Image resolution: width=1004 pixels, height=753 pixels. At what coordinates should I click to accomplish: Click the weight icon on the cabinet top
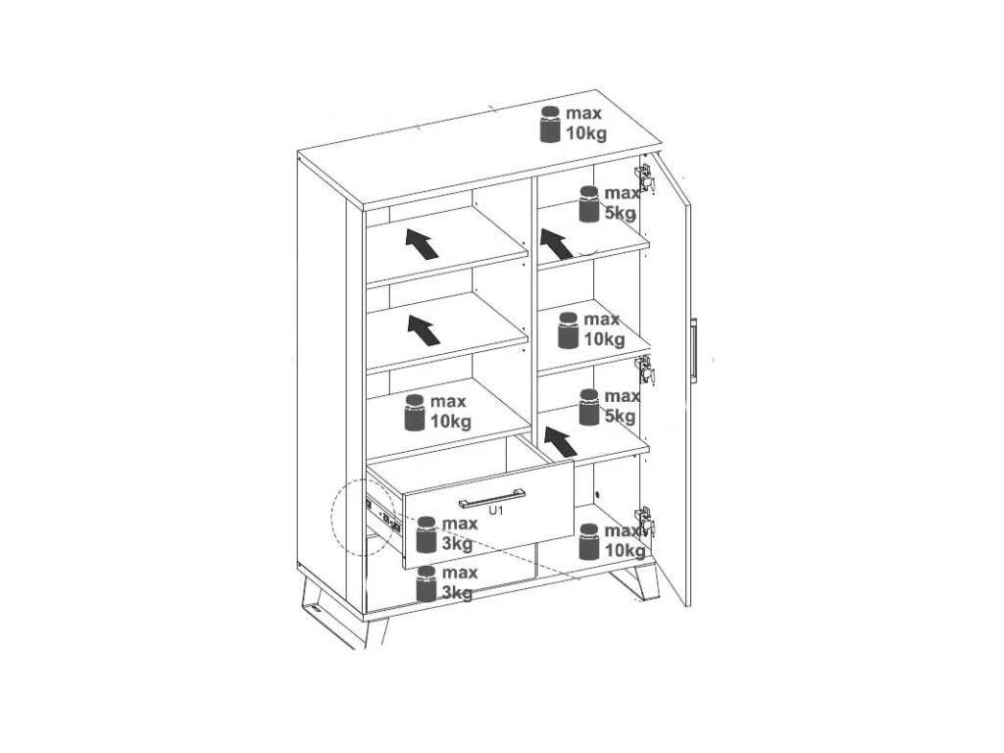(x=550, y=125)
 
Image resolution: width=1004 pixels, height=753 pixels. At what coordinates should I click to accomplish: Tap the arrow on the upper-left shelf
(x=422, y=244)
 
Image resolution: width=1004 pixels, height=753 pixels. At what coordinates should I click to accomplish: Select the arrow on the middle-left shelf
(x=424, y=329)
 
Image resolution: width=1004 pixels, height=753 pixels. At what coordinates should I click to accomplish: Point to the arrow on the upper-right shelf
(x=557, y=243)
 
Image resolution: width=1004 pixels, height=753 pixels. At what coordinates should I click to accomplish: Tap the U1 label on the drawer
(x=496, y=510)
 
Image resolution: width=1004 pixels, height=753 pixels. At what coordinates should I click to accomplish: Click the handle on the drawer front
(x=492, y=497)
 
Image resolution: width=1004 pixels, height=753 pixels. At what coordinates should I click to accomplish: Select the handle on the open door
(x=694, y=349)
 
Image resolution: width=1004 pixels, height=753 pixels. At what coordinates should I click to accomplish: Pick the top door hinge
(x=644, y=177)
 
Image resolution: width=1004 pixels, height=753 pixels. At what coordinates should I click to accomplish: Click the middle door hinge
(x=644, y=370)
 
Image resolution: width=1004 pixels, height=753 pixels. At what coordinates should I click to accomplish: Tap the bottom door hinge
(x=644, y=521)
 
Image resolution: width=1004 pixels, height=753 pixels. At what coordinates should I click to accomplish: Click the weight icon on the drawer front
(x=427, y=534)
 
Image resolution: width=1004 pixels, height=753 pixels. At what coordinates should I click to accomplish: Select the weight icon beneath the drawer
(x=427, y=583)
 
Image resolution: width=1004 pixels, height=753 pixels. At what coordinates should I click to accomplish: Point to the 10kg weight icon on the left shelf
(x=415, y=413)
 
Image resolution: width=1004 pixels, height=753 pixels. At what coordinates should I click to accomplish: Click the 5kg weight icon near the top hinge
(x=589, y=204)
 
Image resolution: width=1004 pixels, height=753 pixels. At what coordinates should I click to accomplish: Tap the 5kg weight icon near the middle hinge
(x=589, y=407)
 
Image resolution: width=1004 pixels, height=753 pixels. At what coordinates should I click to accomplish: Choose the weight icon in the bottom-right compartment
(x=589, y=541)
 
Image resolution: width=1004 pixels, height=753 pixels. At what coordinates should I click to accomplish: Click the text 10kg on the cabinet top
(x=586, y=133)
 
